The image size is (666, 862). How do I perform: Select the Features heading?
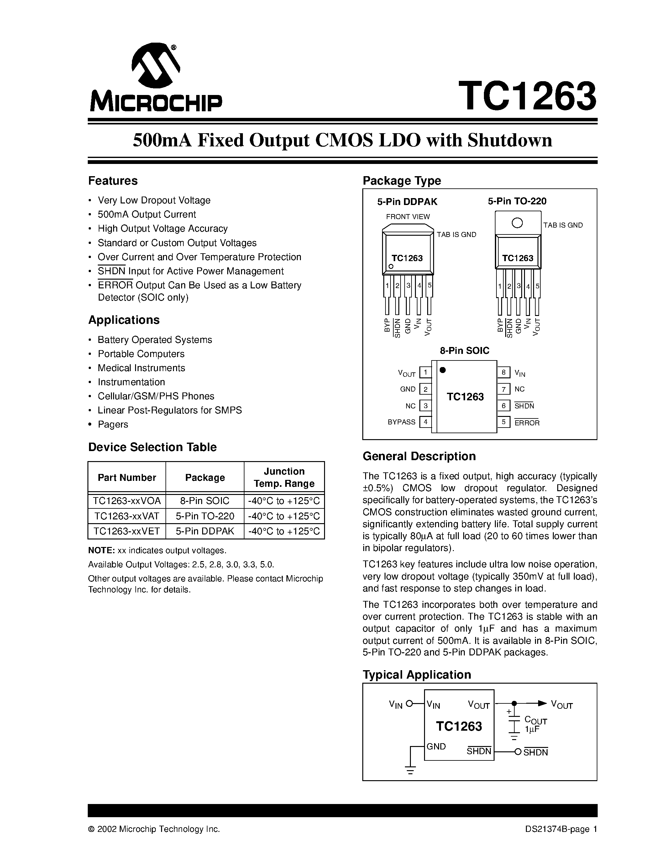pyautogui.click(x=113, y=181)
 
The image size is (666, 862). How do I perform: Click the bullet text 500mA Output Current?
pyautogui.click(x=147, y=214)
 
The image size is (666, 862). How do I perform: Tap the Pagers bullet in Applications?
pyautogui.click(x=113, y=424)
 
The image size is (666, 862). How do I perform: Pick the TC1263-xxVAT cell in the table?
pyautogui.click(x=127, y=516)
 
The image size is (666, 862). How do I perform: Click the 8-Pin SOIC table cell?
pyautogui.click(x=205, y=501)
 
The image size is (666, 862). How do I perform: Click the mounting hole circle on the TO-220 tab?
pyautogui.click(x=517, y=223)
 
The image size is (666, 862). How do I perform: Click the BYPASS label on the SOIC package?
pyautogui.click(x=401, y=422)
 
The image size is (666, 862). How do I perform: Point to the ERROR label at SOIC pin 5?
pyautogui.click(x=527, y=423)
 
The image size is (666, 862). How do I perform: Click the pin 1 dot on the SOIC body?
pyautogui.click(x=443, y=370)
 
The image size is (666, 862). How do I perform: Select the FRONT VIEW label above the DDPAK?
pyautogui.click(x=407, y=217)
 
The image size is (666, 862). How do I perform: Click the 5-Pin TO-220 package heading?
pyautogui.click(x=517, y=201)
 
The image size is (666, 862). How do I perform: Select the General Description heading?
pyautogui.click(x=419, y=456)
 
